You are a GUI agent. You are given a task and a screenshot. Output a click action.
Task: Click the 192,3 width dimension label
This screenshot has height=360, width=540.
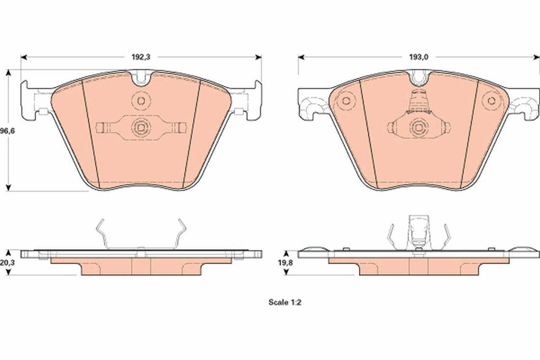coord(141,57)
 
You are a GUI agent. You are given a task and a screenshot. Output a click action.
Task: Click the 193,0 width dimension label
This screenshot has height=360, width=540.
coord(418,57)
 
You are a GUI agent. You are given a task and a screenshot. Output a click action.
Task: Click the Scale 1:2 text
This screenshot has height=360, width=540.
coord(286,302)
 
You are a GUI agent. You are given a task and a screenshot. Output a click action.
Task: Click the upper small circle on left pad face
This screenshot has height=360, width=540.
coord(140,100)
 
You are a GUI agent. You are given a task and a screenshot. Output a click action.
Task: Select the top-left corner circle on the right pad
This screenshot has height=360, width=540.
coord(347,100)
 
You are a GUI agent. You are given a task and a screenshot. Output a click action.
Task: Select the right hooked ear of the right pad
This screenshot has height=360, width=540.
coord(525,104)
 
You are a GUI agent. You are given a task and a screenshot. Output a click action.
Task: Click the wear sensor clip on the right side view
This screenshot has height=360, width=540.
coord(418,232)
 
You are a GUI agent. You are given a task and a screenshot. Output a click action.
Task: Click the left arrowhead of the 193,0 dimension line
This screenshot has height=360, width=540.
coord(301,57)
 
